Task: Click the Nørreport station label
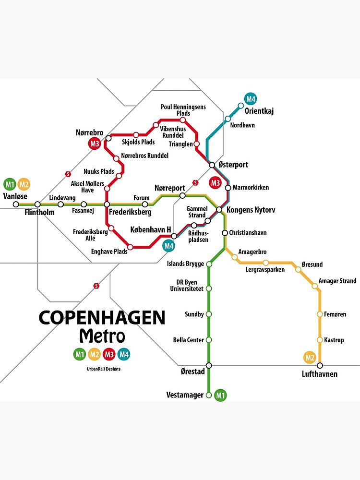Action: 167,188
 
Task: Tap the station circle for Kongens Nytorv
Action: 219,209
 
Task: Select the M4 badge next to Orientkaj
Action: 251,99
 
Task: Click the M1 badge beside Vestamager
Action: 221,395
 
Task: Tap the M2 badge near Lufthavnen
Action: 310,357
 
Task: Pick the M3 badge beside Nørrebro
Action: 94,143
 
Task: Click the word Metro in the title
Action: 102,336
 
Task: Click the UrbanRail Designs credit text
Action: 100,369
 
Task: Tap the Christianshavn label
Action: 248,233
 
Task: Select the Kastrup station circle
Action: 320,340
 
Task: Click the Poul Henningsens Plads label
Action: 183,110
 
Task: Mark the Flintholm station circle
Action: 37,204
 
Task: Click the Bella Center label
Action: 189,340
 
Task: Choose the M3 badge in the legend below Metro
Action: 109,355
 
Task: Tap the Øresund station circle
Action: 298,269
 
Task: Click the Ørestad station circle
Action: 209,366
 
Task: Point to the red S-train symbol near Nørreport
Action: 195,182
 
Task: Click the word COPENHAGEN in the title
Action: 102,317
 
